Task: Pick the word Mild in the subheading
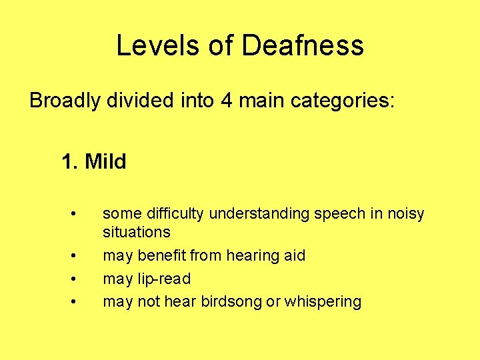(x=106, y=161)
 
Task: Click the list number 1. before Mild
(x=70, y=161)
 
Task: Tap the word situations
(x=137, y=232)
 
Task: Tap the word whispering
(x=323, y=301)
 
